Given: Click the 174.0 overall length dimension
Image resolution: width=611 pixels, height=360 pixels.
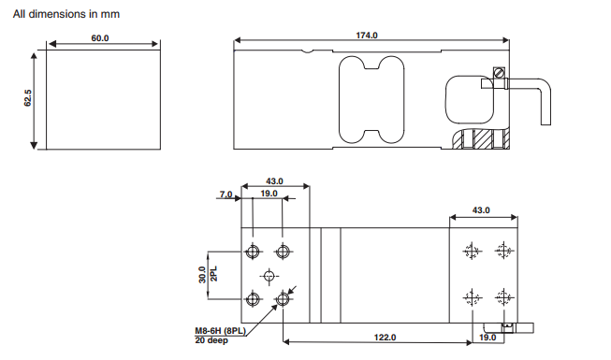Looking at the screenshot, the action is [367, 36].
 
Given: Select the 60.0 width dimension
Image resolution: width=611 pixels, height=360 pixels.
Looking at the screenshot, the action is [100, 38].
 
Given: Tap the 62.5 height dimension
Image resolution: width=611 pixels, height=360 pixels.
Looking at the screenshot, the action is [28, 98].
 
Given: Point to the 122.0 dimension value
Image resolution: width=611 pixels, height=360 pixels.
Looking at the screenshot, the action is [385, 338].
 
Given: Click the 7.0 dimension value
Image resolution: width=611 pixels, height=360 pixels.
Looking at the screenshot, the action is [226, 194].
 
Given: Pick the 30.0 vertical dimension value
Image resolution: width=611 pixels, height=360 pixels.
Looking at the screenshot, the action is [202, 275].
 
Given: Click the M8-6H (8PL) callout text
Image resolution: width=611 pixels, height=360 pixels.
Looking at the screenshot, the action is [221, 331].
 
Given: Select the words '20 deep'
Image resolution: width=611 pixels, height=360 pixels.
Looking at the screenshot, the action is [211, 340].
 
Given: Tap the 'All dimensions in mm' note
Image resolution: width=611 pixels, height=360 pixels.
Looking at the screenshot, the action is [66, 14].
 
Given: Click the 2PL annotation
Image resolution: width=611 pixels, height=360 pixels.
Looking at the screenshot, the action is [214, 273].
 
